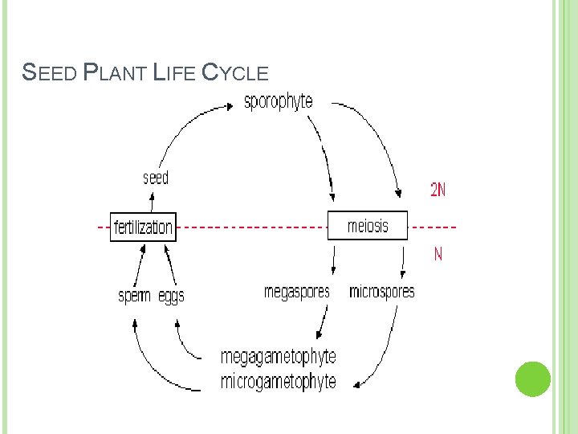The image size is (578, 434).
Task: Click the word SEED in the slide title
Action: pos(50,73)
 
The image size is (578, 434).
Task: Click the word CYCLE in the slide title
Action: pos(234,73)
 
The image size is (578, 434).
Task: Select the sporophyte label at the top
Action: pos(279,103)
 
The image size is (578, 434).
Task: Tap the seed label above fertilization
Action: pos(156,178)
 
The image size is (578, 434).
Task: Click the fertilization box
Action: pos(143,227)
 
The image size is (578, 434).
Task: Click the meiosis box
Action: pos(368,226)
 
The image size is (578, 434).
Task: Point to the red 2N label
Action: pos(438,190)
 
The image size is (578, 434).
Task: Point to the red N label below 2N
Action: pos(438,255)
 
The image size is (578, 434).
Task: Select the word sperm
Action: pos(135,296)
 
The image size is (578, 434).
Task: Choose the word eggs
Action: pos(171,297)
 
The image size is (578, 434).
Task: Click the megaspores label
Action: pos(296,292)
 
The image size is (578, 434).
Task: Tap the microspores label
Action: pos(382,292)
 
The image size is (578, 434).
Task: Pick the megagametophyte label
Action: pos(279,356)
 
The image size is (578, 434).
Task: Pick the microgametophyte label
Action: pos(279,381)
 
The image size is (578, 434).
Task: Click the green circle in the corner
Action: pos(532,379)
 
